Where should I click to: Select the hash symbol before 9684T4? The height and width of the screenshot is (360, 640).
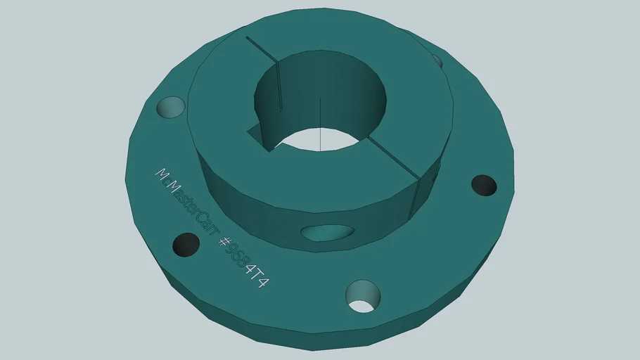pyautogui.click(x=226, y=243)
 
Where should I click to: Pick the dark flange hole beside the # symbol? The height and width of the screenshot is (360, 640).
pyautogui.click(x=186, y=244)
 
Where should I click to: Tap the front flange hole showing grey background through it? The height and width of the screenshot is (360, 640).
pyautogui.click(x=363, y=296)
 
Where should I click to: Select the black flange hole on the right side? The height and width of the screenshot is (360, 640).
pyautogui.click(x=484, y=185)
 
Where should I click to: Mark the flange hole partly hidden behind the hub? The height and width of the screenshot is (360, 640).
pyautogui.click(x=437, y=61)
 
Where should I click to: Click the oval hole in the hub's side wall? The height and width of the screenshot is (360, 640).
pyautogui.click(x=326, y=233)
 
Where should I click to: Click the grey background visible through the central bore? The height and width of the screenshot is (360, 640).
pyautogui.click(x=320, y=139)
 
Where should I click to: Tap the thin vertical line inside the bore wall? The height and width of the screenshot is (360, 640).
pyautogui.click(x=320, y=123)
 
